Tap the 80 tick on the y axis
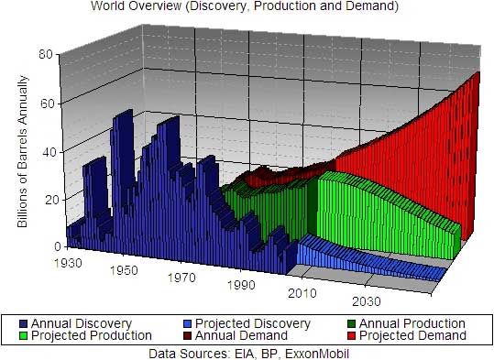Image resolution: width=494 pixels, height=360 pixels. [44, 54]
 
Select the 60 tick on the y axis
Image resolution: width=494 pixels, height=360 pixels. [44, 104]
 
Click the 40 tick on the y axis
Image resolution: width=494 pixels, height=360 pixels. [44, 152]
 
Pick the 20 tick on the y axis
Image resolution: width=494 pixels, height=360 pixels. [44, 200]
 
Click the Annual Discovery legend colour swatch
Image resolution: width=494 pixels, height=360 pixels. [24, 323]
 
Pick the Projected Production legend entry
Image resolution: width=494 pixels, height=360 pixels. [86, 336]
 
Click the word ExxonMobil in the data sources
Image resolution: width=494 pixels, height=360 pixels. [317, 352]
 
